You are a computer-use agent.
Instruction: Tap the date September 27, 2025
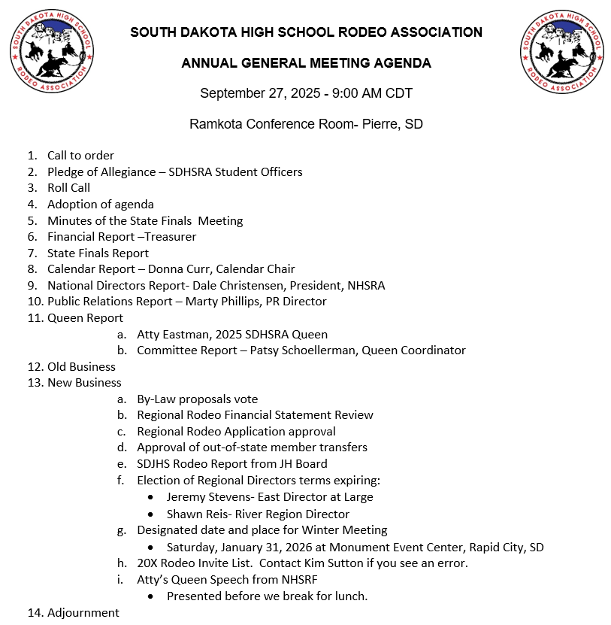pyautogui.click(x=261, y=93)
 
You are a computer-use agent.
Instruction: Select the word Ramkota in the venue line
pyautogui.click(x=215, y=124)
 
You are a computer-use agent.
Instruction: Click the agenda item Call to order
pyautogui.click(x=80, y=156)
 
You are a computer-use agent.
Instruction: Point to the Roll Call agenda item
pyautogui.click(x=68, y=188)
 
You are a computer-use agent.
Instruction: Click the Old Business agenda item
pyautogui.click(x=81, y=367)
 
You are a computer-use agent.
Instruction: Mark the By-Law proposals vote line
pyautogui.click(x=197, y=399)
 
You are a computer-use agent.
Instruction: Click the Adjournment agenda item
pyautogui.click(x=83, y=612)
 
